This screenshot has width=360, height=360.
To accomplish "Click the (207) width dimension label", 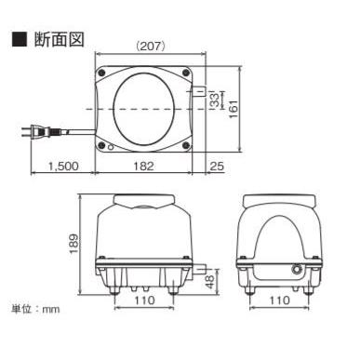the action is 150,47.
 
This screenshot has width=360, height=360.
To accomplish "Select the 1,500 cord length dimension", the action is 63,167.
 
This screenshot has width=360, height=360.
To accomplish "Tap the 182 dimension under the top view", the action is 143,167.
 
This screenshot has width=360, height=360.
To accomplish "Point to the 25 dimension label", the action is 217,167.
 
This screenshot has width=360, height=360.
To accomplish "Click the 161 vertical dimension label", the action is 233,109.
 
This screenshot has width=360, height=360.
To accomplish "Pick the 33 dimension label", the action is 215,100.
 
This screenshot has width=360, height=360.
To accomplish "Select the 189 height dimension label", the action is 74,244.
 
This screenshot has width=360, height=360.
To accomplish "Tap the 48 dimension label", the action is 210,282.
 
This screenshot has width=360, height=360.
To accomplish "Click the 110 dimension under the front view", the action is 144,300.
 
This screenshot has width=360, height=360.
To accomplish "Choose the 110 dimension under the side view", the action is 279,300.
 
